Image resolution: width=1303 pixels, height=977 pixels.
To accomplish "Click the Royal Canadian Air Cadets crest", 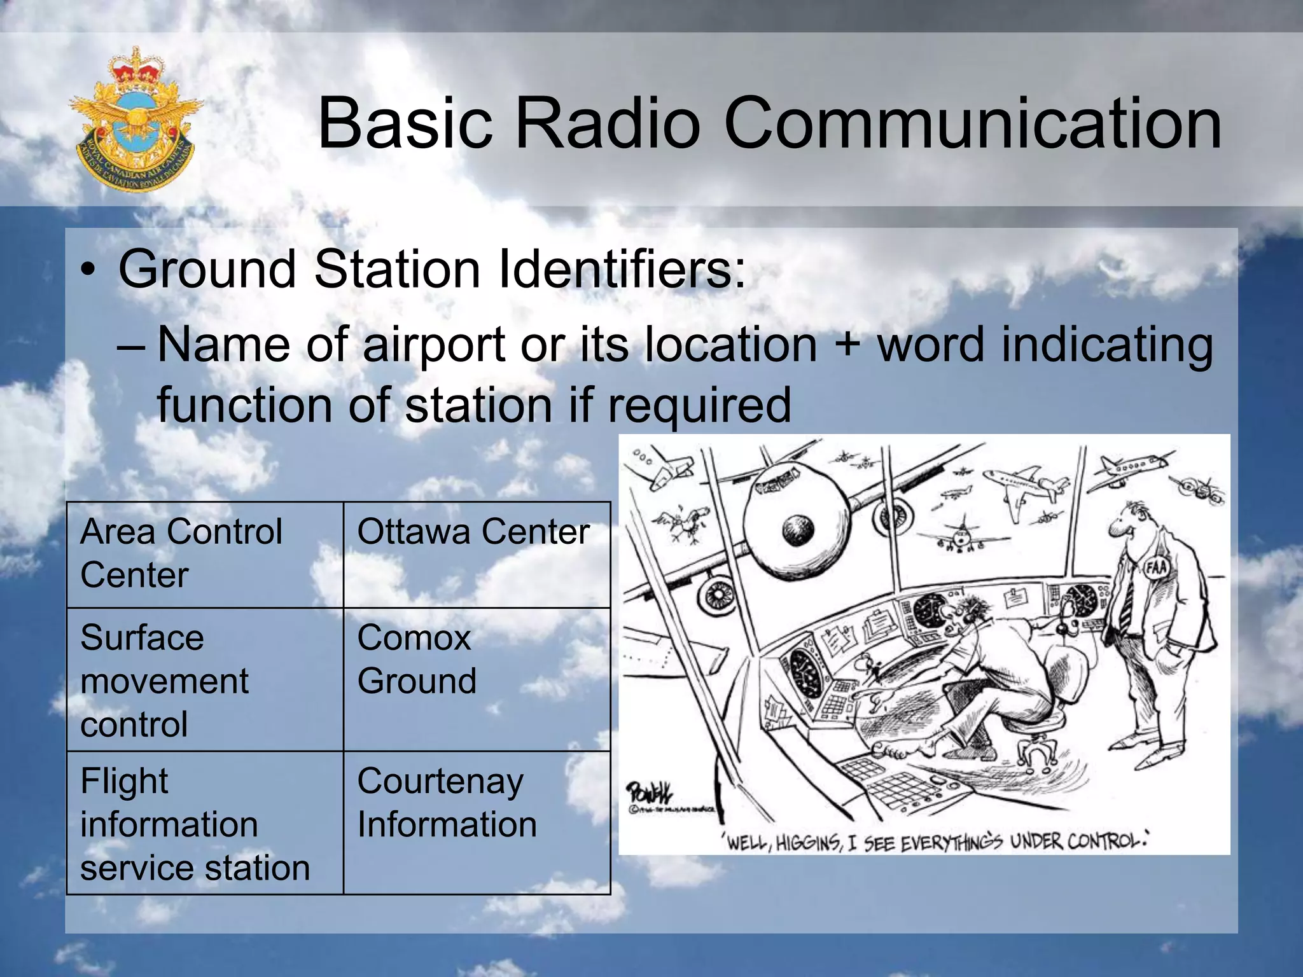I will pyautogui.click(x=135, y=121).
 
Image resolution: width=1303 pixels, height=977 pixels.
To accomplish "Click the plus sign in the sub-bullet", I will pyautogui.click(x=847, y=344).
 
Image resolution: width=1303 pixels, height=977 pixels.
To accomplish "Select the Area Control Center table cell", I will pyautogui.click(x=205, y=554).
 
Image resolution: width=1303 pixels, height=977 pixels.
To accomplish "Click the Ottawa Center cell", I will pyautogui.click(x=476, y=554).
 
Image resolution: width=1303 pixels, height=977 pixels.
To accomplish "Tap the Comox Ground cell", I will pyautogui.click(x=476, y=679).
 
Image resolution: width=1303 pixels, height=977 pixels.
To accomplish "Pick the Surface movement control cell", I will pyautogui.click(x=205, y=679).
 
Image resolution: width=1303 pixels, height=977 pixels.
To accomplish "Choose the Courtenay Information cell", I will pyautogui.click(x=476, y=822).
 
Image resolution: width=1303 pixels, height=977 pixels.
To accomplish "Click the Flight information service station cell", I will pyautogui.click(x=205, y=822).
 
